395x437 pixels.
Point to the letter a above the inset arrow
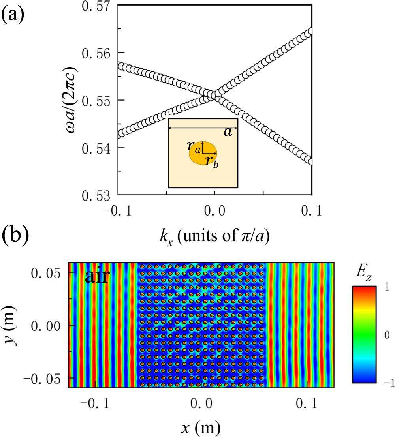tap(228, 133)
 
